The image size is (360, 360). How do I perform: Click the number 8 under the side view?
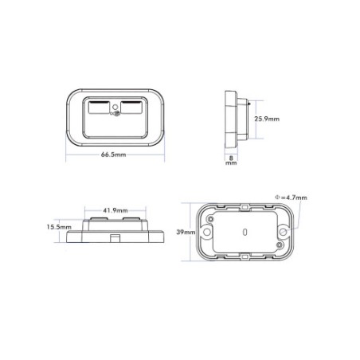point(231,158)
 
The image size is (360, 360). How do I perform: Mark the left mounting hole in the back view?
point(207,232)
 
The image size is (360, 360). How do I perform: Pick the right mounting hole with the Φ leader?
point(283,232)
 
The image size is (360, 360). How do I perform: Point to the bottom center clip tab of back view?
point(245,256)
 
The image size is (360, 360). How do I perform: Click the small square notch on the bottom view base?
point(116,237)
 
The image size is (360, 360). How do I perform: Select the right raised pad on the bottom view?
point(134,219)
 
